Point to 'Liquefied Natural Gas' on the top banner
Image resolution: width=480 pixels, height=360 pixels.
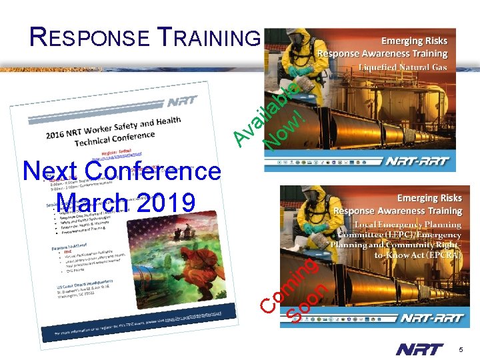pyautogui.click(x=402, y=67)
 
